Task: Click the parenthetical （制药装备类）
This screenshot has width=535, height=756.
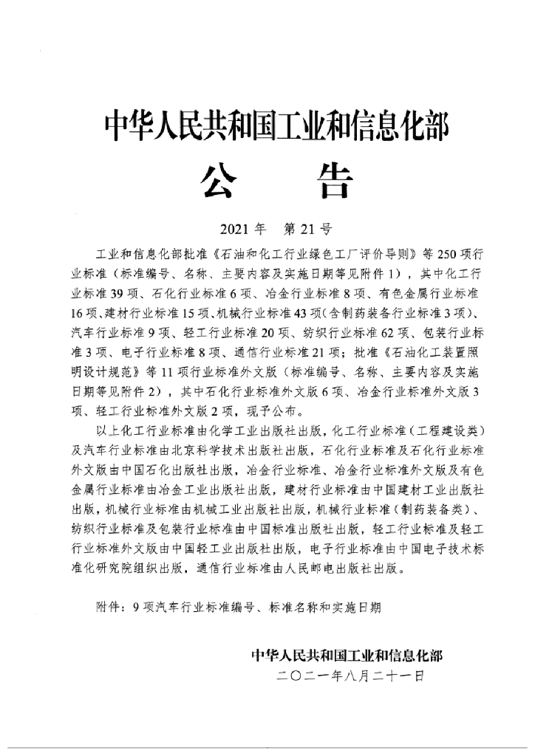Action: click(x=431, y=510)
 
